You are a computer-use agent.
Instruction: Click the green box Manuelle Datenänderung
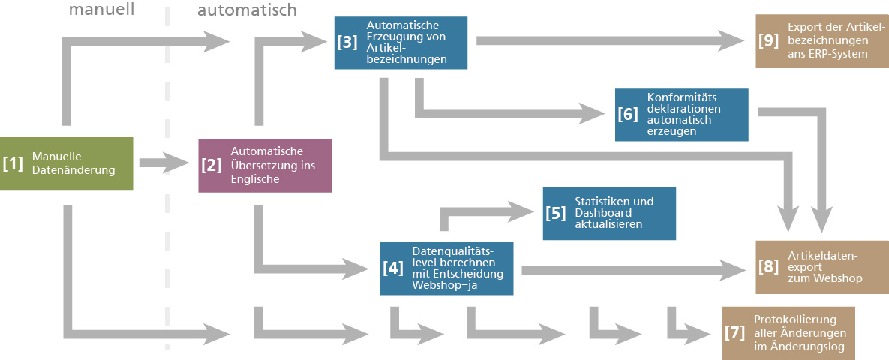pos(66,163)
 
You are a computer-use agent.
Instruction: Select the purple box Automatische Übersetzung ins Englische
pos(265,165)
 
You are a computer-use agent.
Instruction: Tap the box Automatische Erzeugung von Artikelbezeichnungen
pos(401,42)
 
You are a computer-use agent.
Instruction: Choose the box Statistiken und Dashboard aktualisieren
pos(609,213)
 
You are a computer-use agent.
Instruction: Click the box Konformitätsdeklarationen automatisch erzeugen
pos(681,114)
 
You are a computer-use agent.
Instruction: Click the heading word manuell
pos(101,10)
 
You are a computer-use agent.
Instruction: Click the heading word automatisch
pos(247,10)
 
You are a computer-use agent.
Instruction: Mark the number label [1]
pos(14,163)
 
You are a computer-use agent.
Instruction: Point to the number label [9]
pos(769,40)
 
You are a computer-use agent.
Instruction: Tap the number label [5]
pos(556,213)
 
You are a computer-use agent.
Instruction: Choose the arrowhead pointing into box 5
pos(521,209)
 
